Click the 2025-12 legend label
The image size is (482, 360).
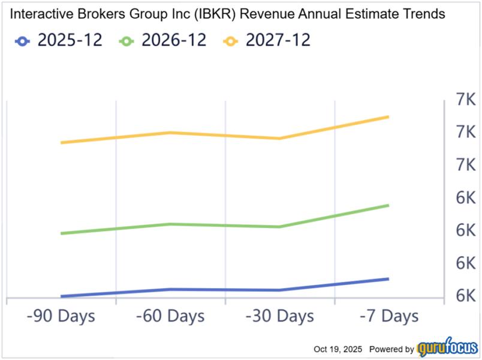tap(70, 41)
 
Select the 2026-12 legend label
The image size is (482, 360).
tap(174, 41)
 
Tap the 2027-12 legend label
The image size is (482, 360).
tap(278, 41)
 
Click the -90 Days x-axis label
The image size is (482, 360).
tap(61, 316)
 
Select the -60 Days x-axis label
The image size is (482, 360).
tap(170, 316)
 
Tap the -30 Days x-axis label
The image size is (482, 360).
tap(279, 316)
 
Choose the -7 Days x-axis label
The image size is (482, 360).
tap(388, 316)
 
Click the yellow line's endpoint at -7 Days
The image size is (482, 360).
tap(388, 116)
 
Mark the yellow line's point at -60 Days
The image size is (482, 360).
tap(171, 133)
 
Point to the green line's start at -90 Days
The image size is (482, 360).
tap(62, 233)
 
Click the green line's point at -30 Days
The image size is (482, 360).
tap(279, 227)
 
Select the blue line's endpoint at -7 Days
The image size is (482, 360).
tap(388, 279)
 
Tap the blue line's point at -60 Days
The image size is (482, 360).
tap(171, 289)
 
